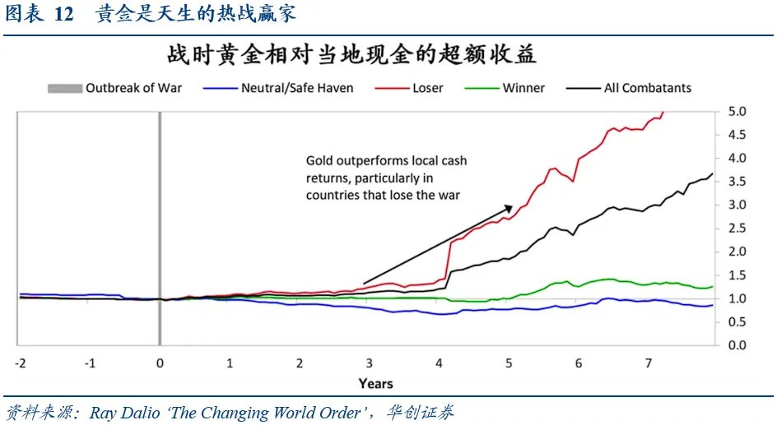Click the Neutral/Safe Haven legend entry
[297, 88]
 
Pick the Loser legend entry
[427, 88]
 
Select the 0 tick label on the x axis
[160, 363]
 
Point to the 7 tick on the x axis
[649, 363]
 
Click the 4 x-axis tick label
[440, 363]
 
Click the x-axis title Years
[375, 383]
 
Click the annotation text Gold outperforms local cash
[386, 161]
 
